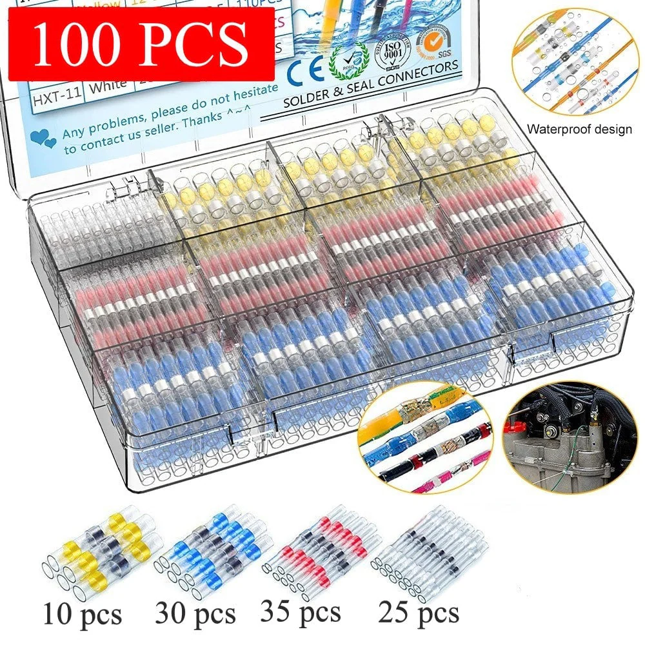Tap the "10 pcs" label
click(x=82, y=613)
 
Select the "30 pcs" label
click(x=195, y=612)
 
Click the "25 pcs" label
click(x=419, y=611)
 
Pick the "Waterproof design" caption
click(x=579, y=129)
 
